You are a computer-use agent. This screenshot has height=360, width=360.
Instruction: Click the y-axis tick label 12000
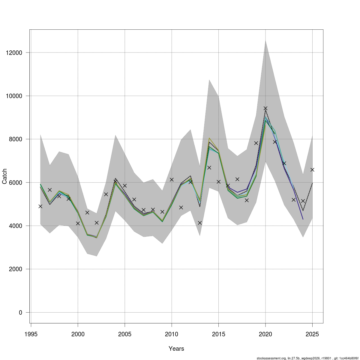tap(14, 53)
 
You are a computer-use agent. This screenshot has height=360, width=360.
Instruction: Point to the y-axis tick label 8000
tap(16, 139)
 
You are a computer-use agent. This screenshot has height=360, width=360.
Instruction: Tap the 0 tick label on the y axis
tap(21, 312)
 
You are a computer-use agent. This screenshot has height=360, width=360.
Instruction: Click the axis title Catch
tap(4, 176)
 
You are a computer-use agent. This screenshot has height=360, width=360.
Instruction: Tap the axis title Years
tap(176, 349)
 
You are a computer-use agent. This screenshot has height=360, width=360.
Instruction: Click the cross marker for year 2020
tap(265, 108)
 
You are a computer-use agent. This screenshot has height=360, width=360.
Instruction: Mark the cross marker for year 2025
tap(312, 170)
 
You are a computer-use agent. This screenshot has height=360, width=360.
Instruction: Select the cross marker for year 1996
tap(40, 206)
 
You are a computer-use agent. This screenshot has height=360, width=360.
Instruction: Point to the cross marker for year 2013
tap(200, 223)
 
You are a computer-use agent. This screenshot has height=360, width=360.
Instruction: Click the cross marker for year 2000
tap(78, 223)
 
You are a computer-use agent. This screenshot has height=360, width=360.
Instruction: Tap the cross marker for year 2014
tap(209, 167)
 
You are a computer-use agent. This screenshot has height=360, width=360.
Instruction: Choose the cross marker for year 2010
tap(172, 180)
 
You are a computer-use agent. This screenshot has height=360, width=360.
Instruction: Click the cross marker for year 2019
tap(256, 143)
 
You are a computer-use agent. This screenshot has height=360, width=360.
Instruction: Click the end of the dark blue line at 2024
tap(303, 219)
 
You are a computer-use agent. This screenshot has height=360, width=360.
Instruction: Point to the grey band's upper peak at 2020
tap(265, 40)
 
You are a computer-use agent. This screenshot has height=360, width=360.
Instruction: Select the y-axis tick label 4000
tap(16, 226)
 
